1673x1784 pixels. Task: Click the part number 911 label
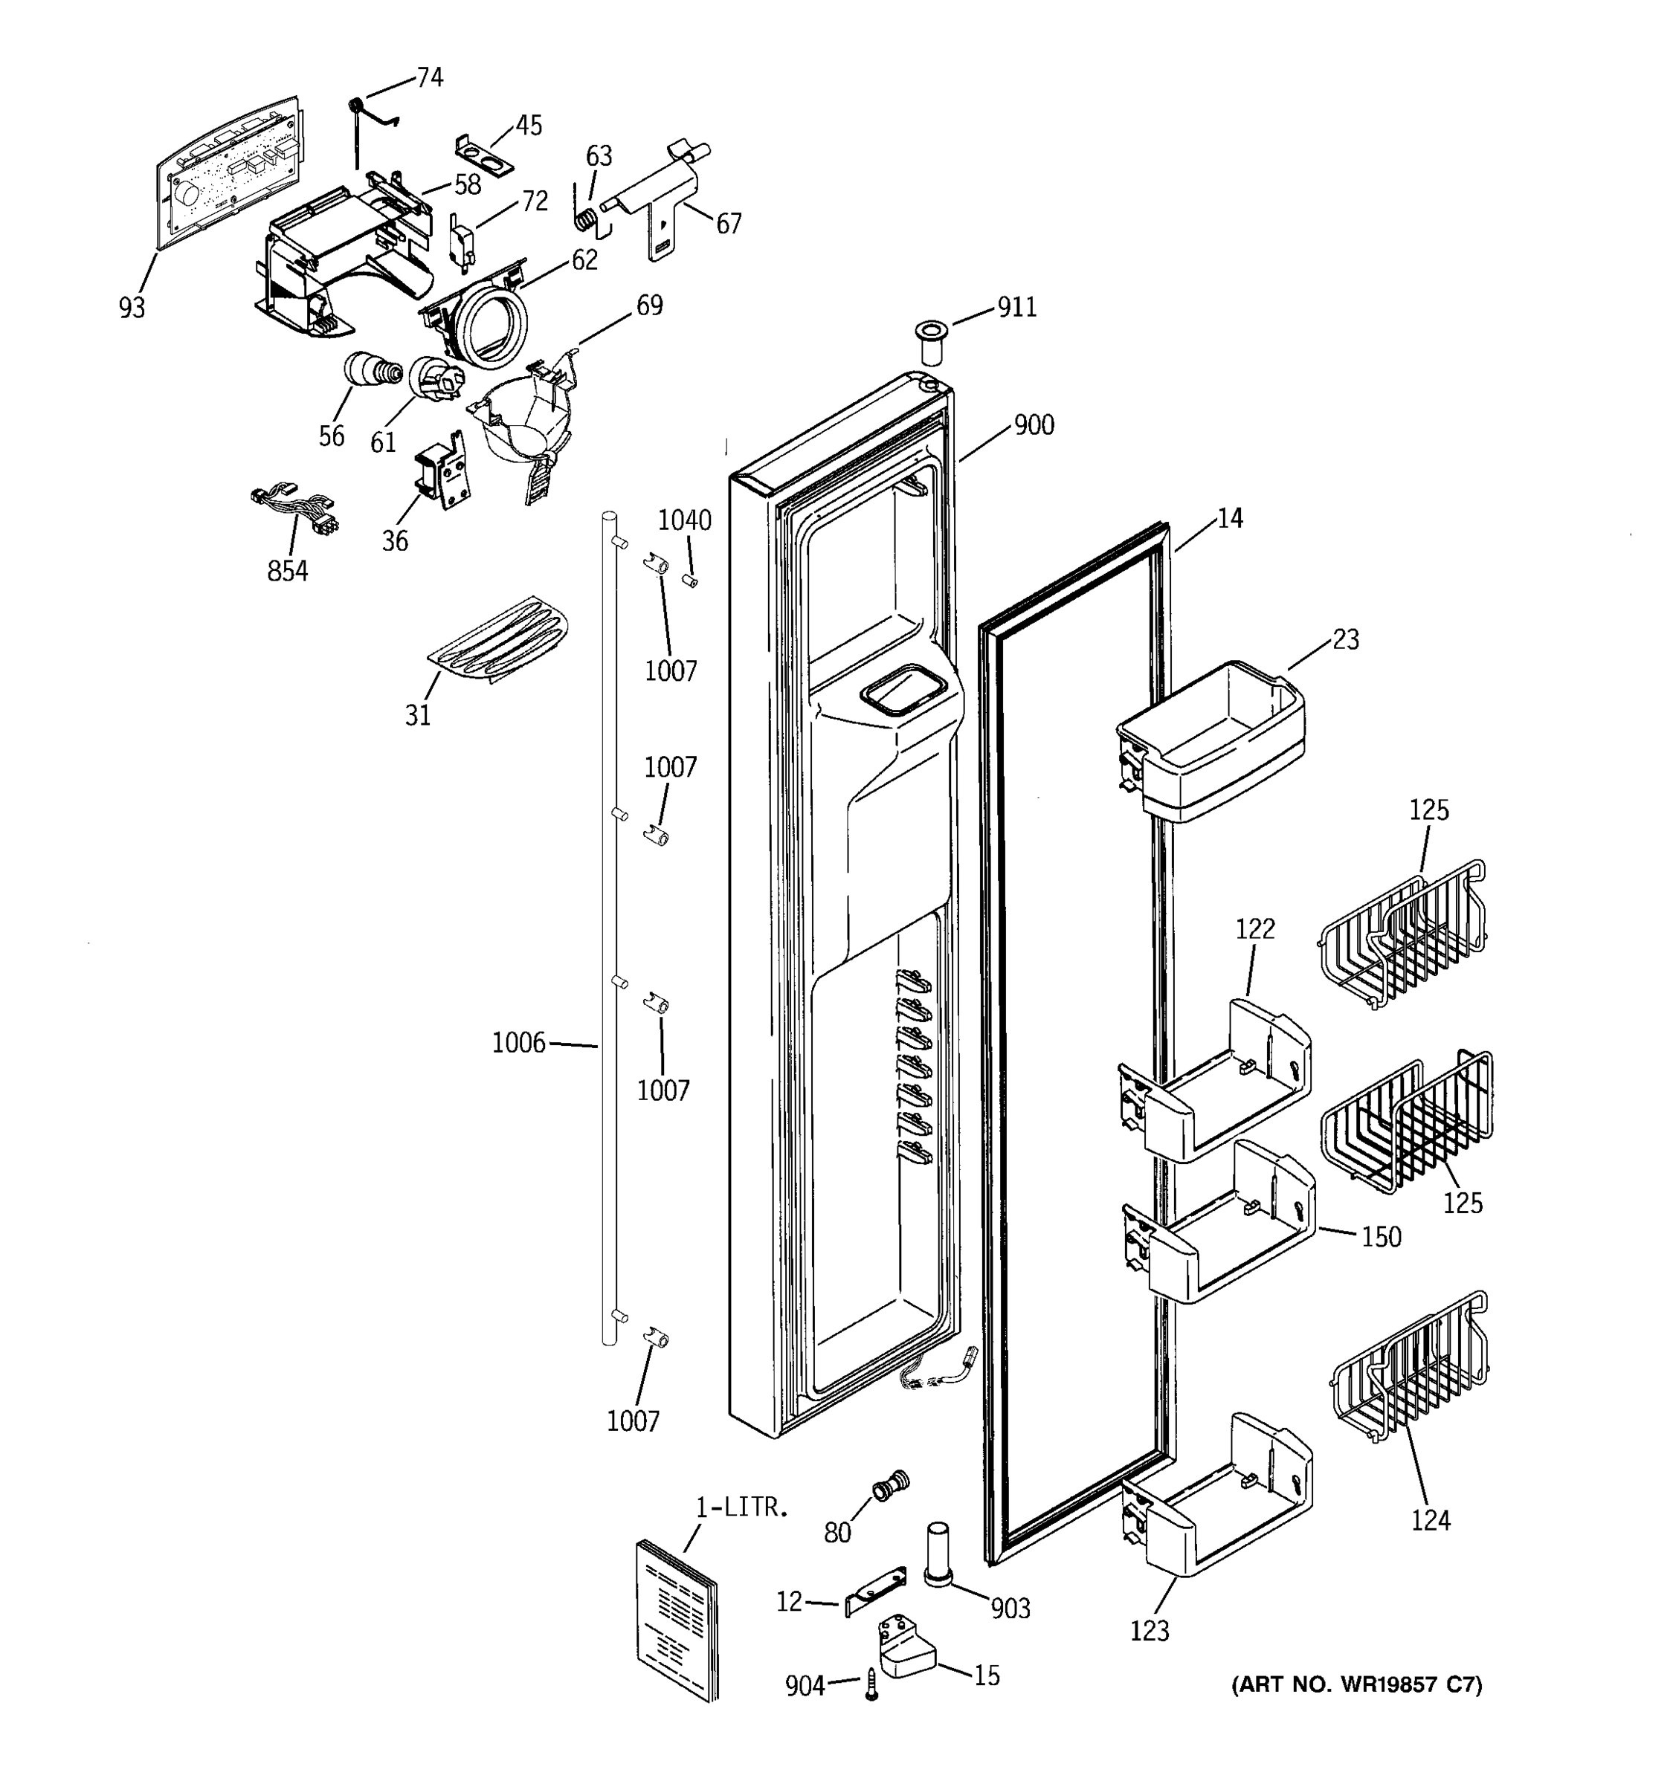pyautogui.click(x=1017, y=308)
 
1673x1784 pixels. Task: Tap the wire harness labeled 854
pyautogui.click(x=294, y=510)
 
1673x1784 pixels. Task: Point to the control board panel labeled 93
pyautogui.click(x=229, y=170)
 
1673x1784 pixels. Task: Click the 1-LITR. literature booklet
pyautogui.click(x=677, y=1620)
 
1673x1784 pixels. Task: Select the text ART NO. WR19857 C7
pyautogui.click(x=1356, y=1684)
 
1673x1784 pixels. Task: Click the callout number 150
pyautogui.click(x=1380, y=1237)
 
